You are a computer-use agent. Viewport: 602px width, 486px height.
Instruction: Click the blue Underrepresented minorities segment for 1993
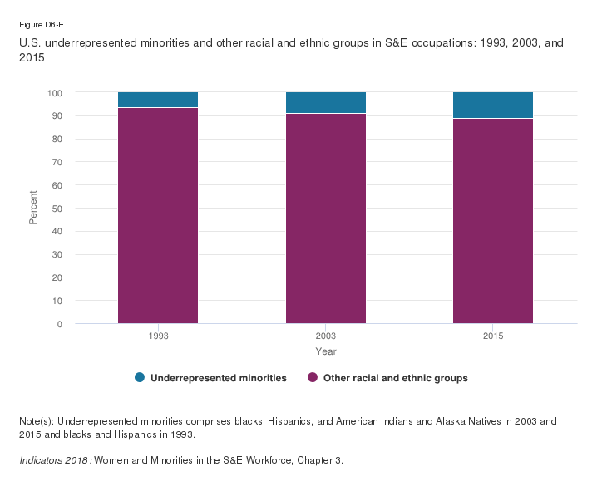coord(158,100)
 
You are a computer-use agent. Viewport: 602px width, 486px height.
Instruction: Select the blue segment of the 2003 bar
coord(326,102)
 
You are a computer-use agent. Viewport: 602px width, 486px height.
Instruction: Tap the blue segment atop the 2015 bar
coord(493,105)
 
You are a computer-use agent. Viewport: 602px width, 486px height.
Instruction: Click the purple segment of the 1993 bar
coord(158,216)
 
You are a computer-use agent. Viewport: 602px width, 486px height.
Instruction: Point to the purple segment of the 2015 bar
coord(493,220)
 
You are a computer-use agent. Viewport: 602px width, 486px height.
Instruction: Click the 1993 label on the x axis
coord(158,336)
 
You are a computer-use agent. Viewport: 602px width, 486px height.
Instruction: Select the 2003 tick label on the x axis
coord(326,336)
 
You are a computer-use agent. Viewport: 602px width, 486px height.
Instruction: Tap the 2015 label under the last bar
coord(493,336)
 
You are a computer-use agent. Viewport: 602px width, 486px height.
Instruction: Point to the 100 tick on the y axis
coord(54,93)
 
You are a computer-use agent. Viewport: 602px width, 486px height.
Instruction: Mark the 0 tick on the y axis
coord(59,324)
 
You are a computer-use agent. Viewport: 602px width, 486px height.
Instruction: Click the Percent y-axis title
coord(34,208)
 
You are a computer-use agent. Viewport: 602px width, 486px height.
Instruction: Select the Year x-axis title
coord(326,352)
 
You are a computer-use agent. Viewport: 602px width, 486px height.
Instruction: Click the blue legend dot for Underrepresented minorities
coord(139,378)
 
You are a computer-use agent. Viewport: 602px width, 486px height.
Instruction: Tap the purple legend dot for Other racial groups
coord(313,378)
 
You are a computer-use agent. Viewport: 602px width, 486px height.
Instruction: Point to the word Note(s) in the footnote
coord(37,421)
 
